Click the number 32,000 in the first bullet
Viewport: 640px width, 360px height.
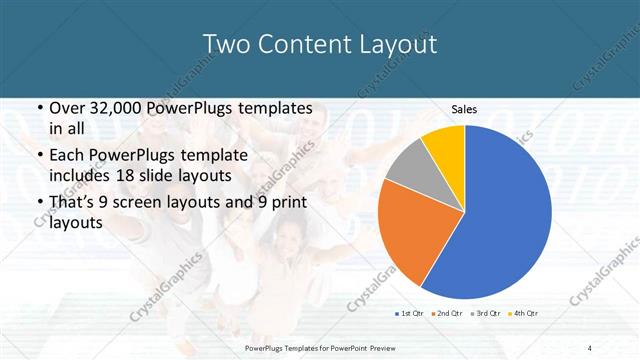[111, 107]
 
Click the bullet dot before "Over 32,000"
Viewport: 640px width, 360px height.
[38, 108]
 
